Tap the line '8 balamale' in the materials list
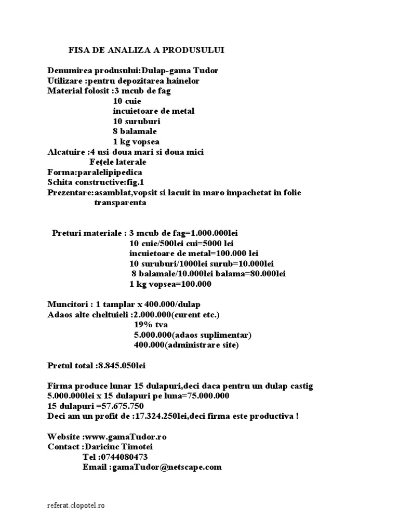click(135, 131)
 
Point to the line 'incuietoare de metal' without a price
click(154, 111)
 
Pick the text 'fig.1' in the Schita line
click(138, 182)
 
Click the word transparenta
click(120, 203)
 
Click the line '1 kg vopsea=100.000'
click(170, 284)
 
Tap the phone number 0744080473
click(123, 457)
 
